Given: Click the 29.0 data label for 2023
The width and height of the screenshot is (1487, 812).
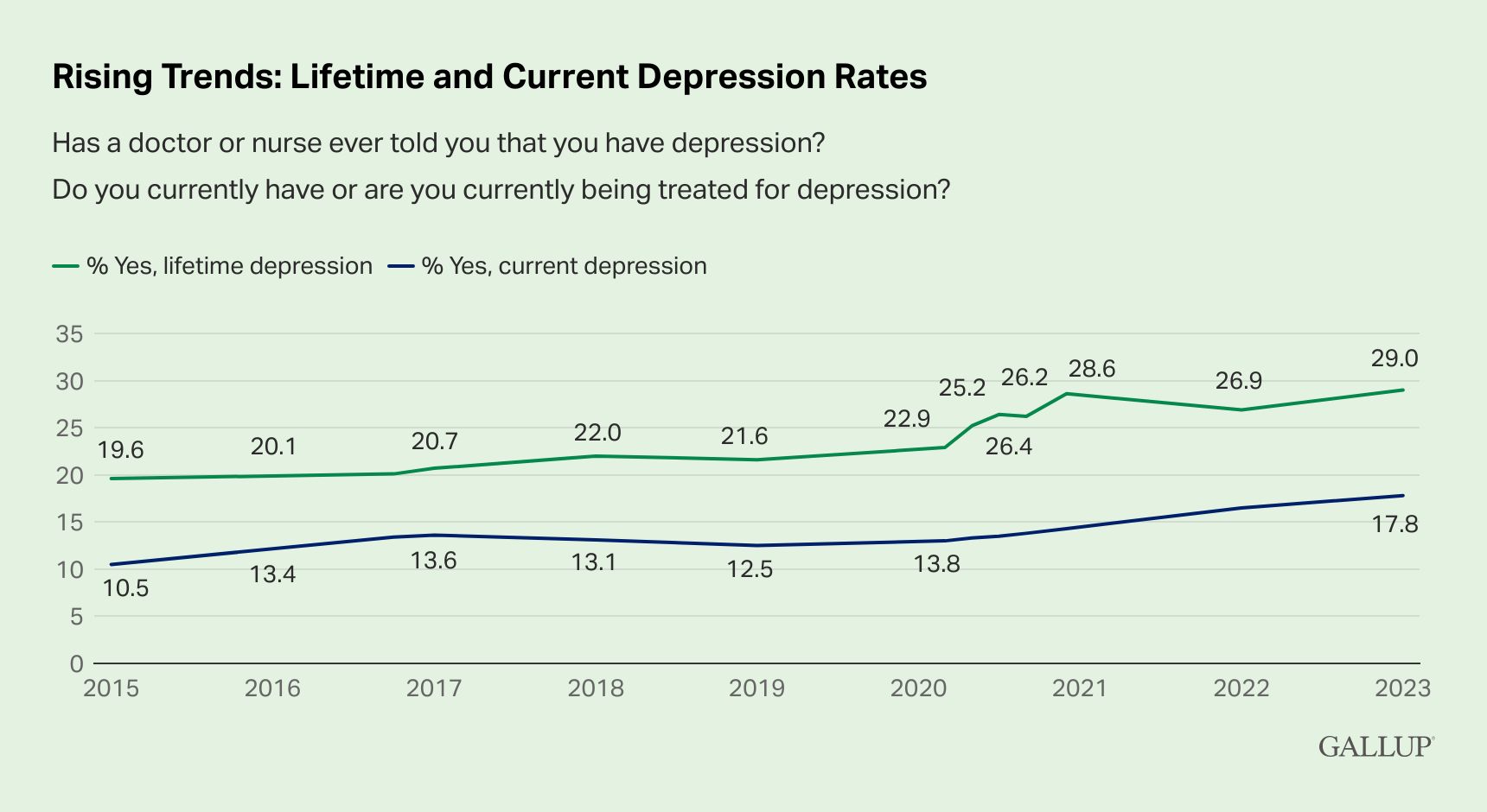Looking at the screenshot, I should [x=1394, y=358].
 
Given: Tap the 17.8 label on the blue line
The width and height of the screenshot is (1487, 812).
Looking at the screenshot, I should [x=1394, y=524].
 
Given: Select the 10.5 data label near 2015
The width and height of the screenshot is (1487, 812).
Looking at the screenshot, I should [x=125, y=589].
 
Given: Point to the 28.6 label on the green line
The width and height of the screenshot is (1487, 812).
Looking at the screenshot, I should [x=1091, y=370].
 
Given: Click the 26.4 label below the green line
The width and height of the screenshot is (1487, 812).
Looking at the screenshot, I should [x=1008, y=447].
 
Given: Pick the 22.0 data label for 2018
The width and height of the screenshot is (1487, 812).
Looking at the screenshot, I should [x=597, y=433].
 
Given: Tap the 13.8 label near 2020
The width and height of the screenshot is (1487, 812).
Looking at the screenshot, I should [x=936, y=564].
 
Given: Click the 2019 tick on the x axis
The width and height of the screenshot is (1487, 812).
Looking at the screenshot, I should [x=756, y=688].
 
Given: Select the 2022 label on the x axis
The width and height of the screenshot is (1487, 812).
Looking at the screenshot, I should [x=1241, y=688].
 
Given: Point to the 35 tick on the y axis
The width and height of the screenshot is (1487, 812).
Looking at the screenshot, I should [x=69, y=334].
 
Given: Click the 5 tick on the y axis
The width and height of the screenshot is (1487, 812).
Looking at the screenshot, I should [x=76, y=617].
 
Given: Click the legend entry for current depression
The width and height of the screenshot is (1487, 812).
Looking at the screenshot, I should [x=548, y=266].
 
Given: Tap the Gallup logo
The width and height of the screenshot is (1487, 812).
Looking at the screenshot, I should [x=1376, y=746].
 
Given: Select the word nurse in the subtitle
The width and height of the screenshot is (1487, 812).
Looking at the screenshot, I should [x=285, y=143].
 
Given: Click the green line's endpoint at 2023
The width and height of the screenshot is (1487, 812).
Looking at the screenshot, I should [x=1402, y=390].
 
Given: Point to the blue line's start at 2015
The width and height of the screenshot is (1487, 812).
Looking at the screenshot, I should [x=112, y=564].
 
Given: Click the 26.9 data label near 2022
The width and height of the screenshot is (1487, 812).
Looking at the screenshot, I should [x=1238, y=381].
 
